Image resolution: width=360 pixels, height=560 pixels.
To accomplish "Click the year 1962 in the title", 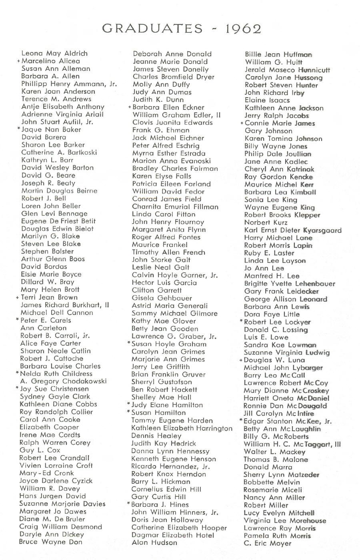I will tap(243, 28).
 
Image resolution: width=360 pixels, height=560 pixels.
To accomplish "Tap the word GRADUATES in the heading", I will tap(152, 28).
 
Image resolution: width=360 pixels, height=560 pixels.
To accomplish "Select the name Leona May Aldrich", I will tap(54, 53).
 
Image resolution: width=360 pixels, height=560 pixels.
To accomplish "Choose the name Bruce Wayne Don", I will tap(50, 542).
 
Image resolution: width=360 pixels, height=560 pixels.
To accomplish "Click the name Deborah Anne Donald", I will tap(172, 54).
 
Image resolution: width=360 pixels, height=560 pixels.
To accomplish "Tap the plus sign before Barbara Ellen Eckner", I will tap(130, 107).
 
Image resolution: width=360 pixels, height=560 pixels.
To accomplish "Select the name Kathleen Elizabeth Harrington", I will tap(182, 428).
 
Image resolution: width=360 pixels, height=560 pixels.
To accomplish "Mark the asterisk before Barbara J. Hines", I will tap(129, 504).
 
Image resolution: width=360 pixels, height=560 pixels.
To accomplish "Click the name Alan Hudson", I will tap(154, 542).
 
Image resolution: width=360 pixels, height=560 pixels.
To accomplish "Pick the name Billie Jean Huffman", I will tap(278, 54).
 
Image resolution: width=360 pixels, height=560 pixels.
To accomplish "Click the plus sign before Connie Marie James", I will tap(242, 123).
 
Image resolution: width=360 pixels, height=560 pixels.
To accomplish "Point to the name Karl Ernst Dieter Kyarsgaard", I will tap(293, 230).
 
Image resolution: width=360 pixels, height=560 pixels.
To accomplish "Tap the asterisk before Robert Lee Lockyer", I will tap(241, 321).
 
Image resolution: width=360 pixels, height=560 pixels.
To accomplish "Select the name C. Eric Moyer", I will tap(268, 543).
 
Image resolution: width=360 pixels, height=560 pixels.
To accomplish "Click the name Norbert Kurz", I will tap(263, 222).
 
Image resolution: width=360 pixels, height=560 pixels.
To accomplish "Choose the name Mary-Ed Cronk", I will tap(47, 473).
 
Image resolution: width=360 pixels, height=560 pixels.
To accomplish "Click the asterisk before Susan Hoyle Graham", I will tap(129, 343).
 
